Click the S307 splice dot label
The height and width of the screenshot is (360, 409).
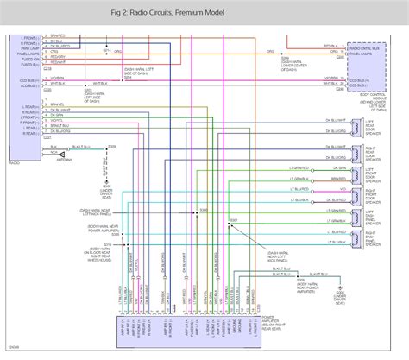234,222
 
